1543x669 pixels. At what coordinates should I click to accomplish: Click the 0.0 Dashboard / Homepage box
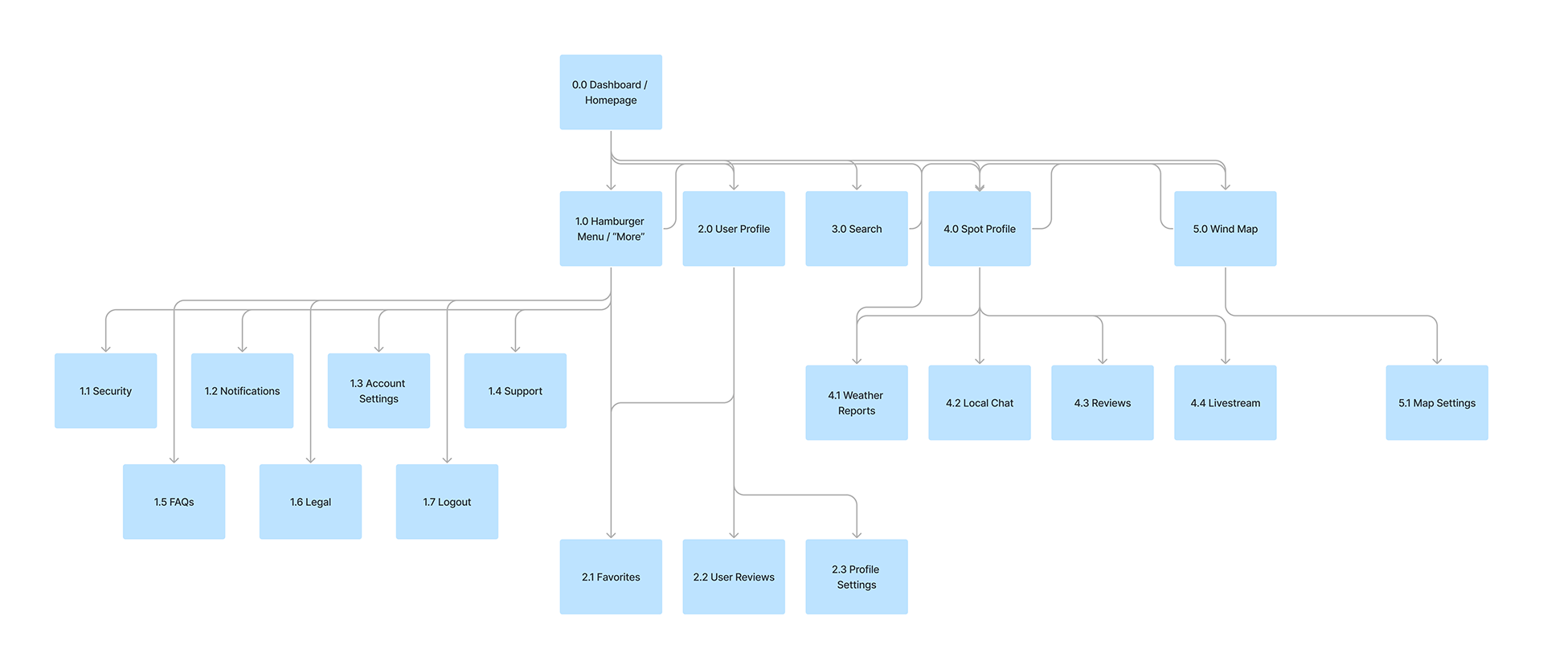[x=611, y=92]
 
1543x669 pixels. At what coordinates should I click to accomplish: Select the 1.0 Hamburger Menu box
[x=611, y=228]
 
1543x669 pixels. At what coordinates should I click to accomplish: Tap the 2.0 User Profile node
[x=734, y=228]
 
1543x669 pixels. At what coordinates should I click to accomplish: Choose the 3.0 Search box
[x=857, y=228]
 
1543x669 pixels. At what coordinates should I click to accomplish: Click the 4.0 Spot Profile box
[x=980, y=228]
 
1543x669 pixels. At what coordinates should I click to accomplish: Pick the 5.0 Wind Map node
[x=1225, y=228]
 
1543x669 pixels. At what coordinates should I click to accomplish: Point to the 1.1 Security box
[x=105, y=390]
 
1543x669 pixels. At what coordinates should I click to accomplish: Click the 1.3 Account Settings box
[x=379, y=390]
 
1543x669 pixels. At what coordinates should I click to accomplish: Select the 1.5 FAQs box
[x=174, y=501]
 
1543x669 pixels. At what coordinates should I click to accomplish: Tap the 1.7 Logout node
[x=447, y=501]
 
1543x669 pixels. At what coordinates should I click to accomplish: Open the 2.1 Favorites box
[x=611, y=577]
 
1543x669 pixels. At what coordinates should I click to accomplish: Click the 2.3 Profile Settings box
[x=857, y=577]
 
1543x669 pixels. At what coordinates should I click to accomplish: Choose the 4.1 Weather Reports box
[x=857, y=402]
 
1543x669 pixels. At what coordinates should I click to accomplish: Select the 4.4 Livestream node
[x=1225, y=402]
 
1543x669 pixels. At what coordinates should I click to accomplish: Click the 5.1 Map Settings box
[x=1437, y=402]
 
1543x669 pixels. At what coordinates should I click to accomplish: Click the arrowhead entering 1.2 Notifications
[x=242, y=349]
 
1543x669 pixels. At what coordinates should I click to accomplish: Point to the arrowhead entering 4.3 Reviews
[x=1103, y=361]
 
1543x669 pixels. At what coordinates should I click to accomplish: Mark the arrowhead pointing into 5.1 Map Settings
[x=1437, y=361]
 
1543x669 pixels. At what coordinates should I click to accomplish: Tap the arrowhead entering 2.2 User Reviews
[x=734, y=535]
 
